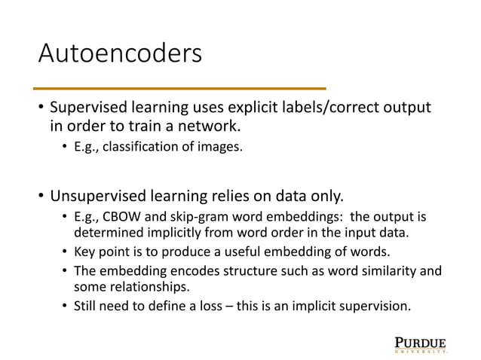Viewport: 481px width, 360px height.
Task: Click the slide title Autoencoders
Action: [x=121, y=54]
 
